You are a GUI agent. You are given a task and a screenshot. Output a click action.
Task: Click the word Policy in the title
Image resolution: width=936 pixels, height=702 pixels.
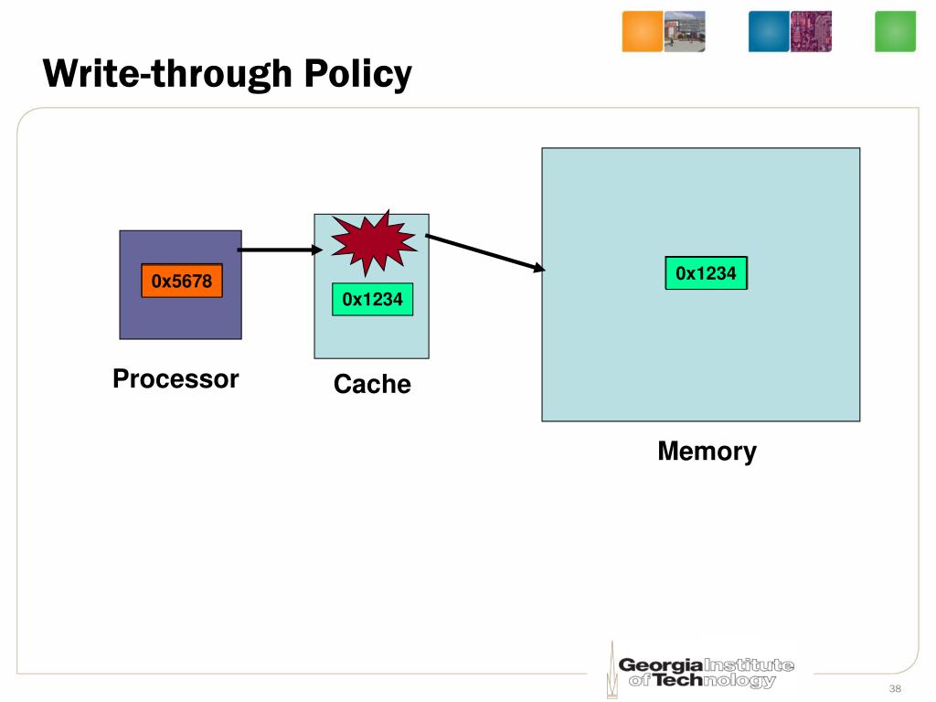coord(358,75)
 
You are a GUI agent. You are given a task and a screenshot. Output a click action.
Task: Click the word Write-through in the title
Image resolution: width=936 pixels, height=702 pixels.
coord(168,74)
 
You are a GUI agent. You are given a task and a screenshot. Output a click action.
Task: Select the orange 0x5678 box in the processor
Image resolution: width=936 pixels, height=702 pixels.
coord(182,281)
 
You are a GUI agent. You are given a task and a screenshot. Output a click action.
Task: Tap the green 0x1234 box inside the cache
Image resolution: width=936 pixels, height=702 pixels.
coord(373,299)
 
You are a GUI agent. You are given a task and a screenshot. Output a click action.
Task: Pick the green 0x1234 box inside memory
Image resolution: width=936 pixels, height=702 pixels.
coord(707,273)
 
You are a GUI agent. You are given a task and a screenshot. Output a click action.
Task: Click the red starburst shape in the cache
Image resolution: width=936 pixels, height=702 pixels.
coord(374,242)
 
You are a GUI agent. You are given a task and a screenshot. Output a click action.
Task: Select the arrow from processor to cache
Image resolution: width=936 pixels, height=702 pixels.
coord(280,250)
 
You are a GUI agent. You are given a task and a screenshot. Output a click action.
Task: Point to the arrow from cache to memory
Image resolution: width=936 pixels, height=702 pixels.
coord(485,253)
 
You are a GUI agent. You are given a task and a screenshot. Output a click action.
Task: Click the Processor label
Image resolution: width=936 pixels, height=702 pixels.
coord(175,379)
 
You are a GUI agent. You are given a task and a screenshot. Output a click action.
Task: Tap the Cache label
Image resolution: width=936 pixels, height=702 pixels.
coord(372,384)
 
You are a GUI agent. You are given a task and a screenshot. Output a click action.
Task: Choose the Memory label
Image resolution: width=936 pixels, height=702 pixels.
coord(707,452)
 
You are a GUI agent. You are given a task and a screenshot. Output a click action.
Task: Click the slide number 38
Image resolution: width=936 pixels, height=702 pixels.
coord(895,688)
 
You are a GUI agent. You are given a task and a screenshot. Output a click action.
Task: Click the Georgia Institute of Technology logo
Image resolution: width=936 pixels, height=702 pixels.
coord(701,671)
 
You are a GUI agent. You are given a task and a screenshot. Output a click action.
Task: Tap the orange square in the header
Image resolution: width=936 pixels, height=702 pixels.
coord(643,31)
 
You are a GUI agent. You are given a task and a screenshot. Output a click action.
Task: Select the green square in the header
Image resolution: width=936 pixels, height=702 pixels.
coord(895,31)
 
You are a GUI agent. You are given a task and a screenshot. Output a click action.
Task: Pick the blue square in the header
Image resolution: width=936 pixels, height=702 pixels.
coord(769,31)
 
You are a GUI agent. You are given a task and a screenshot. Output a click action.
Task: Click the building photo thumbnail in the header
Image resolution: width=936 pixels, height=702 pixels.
coord(685,31)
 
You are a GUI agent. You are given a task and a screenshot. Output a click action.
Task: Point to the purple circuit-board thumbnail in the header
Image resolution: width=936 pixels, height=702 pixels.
coord(812,31)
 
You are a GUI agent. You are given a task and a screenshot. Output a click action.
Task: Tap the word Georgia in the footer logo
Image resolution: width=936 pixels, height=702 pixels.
coord(660,665)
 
